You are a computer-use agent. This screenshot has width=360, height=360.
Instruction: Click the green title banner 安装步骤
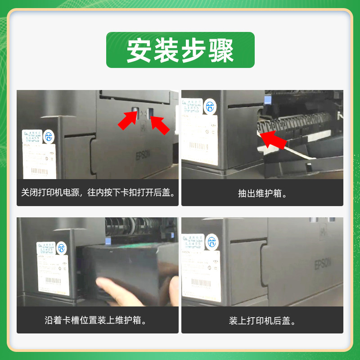pos(180,50)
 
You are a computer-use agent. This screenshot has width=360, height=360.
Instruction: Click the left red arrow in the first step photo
pos(129,119)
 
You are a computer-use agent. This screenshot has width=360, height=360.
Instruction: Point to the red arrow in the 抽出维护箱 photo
pos(274,139)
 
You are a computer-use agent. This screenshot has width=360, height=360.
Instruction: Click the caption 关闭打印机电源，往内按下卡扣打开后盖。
pos(98,193)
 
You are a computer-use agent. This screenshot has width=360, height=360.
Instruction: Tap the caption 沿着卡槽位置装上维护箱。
pos(98,320)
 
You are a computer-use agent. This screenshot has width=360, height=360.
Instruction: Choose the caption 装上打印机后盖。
pos(262,320)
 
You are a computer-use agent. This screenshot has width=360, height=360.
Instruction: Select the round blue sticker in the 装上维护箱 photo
pos(61,247)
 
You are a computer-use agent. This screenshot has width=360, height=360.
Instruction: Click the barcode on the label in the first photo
pos(40,171)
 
